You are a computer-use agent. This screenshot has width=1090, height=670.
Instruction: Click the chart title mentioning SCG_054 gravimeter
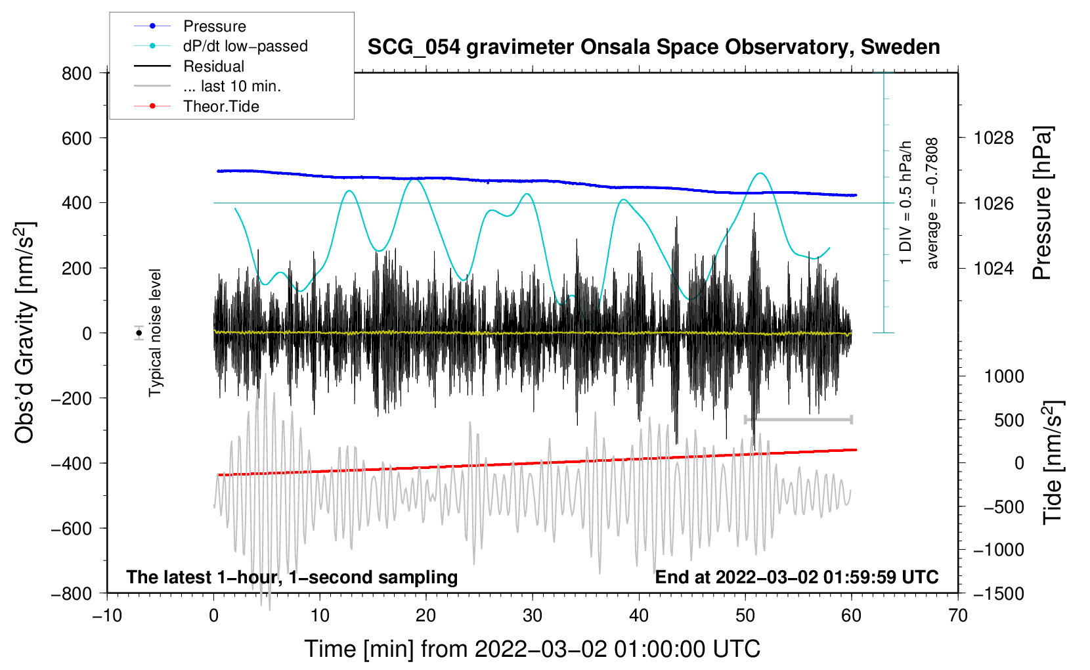[x=653, y=47]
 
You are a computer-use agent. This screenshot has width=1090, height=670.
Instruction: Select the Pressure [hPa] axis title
[x=1042, y=203]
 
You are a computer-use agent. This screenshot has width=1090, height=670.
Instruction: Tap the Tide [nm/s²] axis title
[x=1053, y=462]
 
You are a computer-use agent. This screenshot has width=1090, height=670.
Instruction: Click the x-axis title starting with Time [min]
[x=533, y=649]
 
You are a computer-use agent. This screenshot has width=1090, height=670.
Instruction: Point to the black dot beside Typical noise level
[x=139, y=333]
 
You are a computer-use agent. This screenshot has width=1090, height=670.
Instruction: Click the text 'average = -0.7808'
[x=932, y=204]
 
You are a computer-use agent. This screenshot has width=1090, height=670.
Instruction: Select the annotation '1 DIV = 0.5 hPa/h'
[x=905, y=202]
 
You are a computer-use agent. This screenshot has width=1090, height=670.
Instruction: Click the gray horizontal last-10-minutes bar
[x=798, y=419]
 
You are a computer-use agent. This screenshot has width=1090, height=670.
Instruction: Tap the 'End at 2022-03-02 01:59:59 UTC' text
[x=796, y=577]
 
